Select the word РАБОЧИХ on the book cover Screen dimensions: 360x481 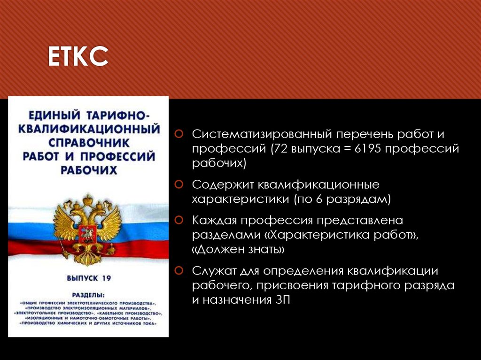tap(88, 170)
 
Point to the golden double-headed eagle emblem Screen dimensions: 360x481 tap(87, 228)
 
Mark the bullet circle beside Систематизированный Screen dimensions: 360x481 tap(179, 134)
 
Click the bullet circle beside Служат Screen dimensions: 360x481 tap(179, 270)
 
